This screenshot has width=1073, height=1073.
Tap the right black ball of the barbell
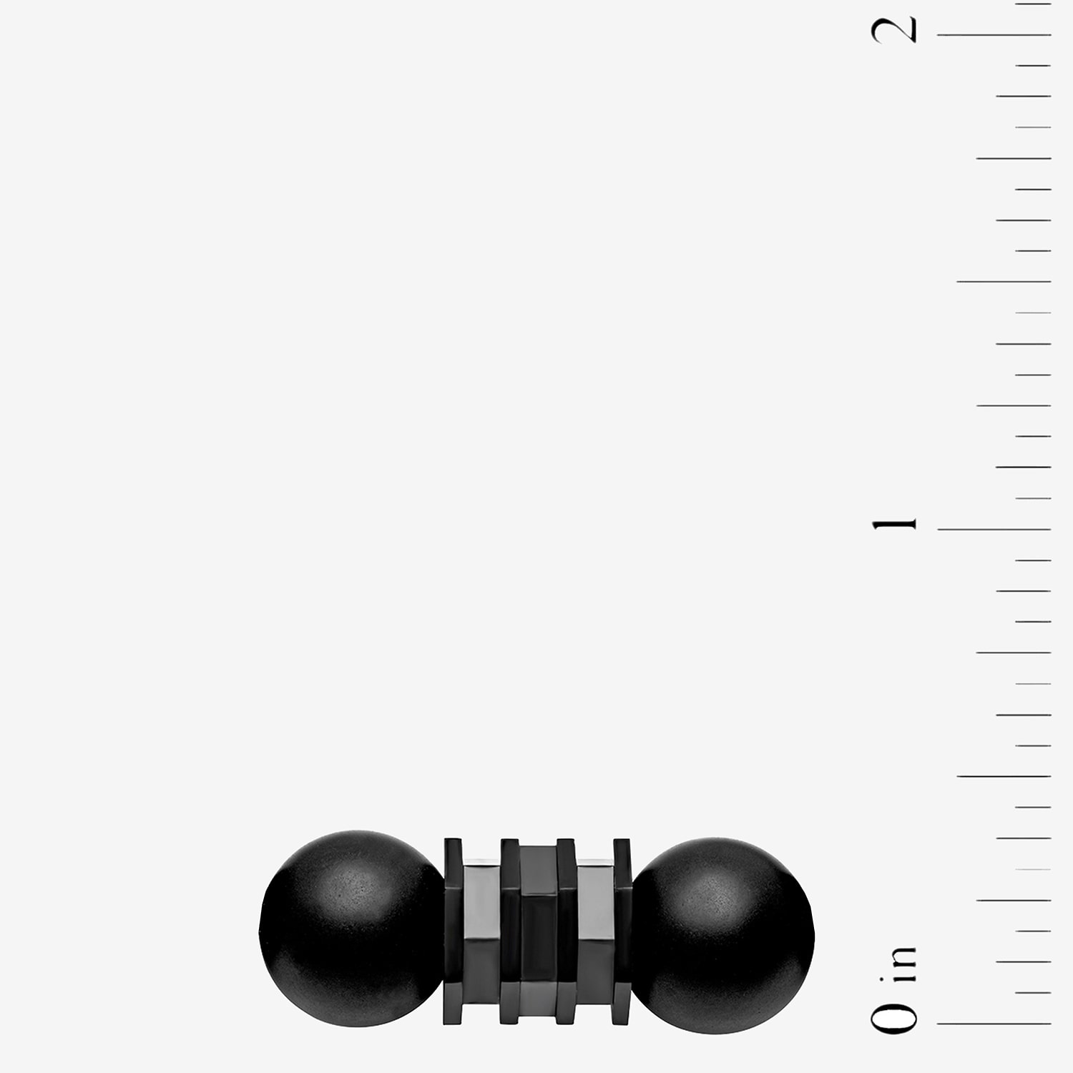(x=722, y=936)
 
